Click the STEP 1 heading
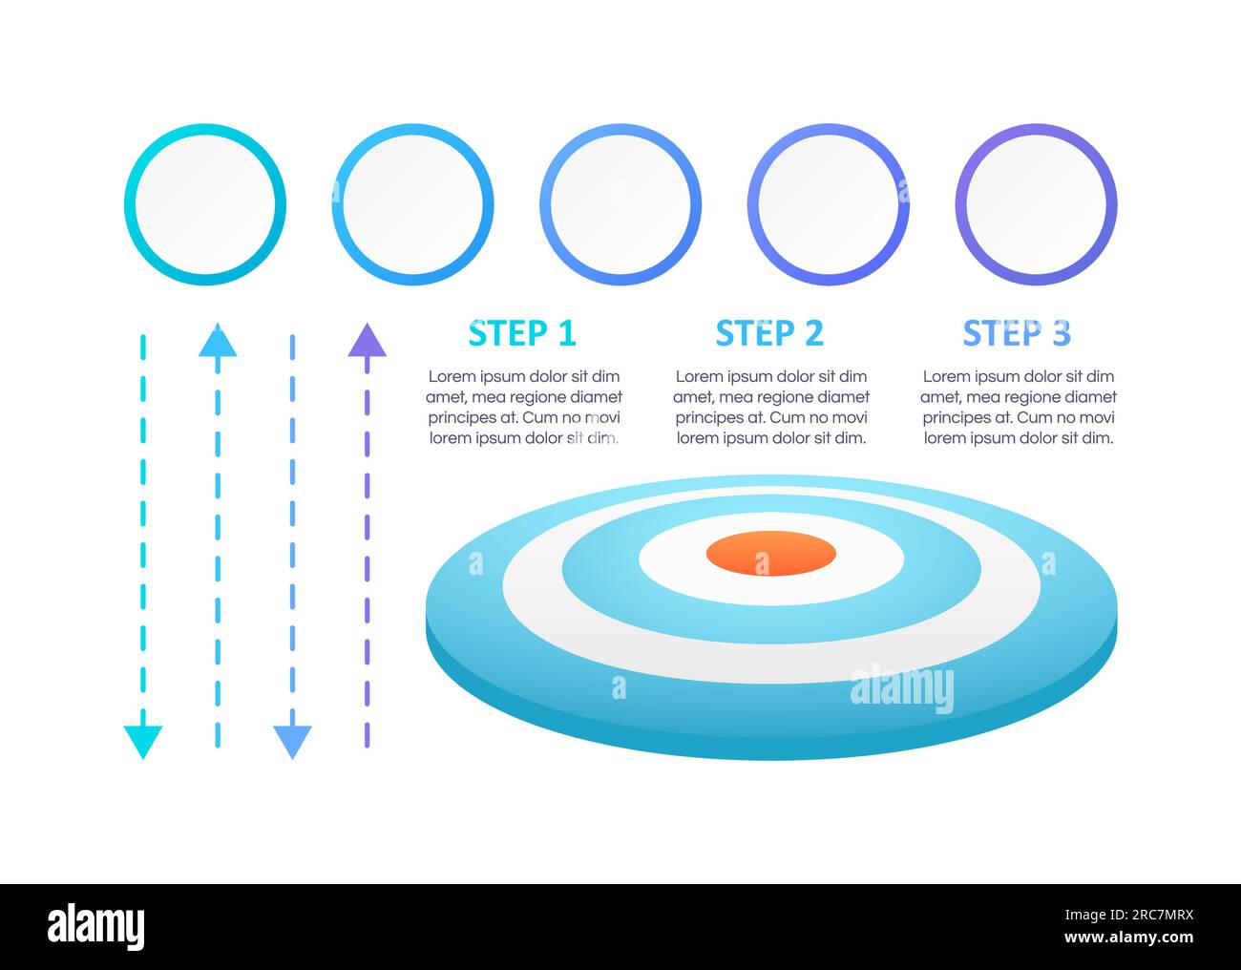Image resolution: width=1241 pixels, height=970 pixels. coord(522,333)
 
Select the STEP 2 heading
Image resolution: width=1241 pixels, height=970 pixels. coord(769,333)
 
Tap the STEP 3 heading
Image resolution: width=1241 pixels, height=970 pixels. coord(1017,333)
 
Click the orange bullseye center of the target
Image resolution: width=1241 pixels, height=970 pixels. coord(771,553)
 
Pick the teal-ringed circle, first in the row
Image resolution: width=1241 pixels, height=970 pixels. coord(205,129)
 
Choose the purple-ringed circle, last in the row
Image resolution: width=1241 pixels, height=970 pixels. coord(1036,129)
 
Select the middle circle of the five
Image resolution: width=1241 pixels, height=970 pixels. coord(620,129)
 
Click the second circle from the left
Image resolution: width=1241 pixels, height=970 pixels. coord(413,129)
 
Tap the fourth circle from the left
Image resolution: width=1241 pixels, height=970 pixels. coord(828,129)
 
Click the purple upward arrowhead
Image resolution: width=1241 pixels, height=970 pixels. coord(368,341)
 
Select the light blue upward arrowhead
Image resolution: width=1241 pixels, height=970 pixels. coord(218,341)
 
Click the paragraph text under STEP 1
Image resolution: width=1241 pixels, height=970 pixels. coord(524,407)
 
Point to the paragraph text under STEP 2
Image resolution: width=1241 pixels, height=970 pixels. coord(771,407)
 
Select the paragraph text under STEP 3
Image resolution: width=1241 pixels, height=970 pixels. coord(1019,407)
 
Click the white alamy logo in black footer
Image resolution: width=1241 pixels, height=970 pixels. coord(95,927)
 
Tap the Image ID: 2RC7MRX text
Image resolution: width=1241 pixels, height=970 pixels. coord(1129,915)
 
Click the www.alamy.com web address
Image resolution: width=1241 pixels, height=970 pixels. coord(1129,938)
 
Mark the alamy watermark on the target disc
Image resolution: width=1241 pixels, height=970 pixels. coord(902,689)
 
